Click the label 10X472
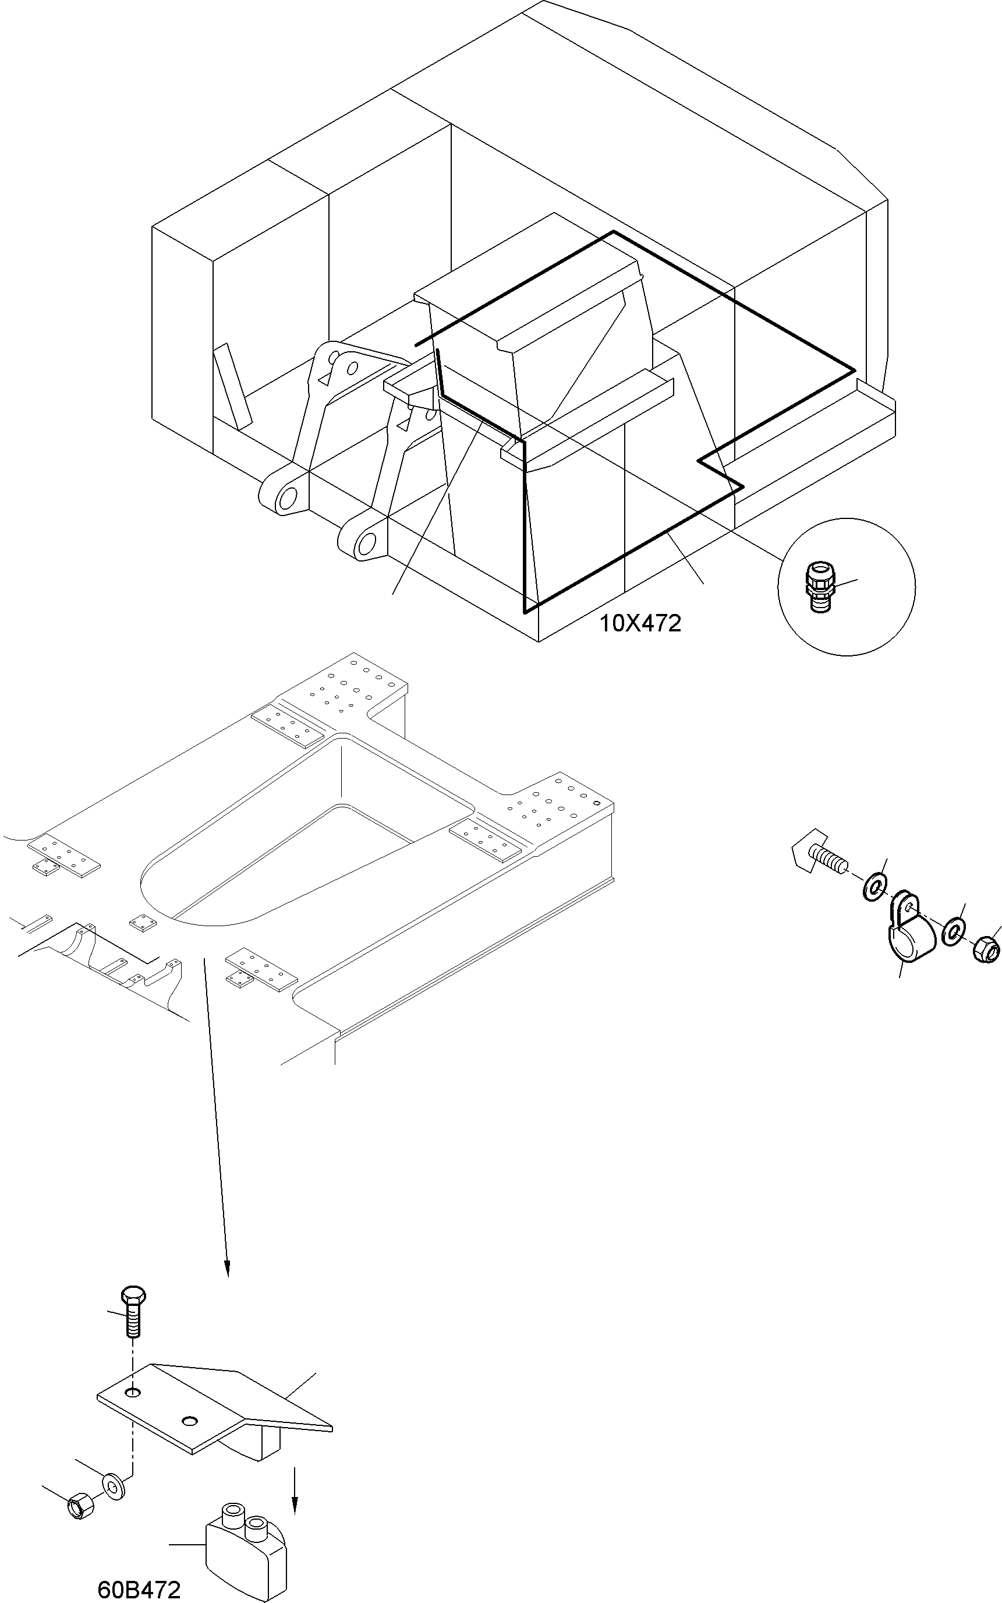(640, 624)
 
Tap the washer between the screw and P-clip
(876, 887)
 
